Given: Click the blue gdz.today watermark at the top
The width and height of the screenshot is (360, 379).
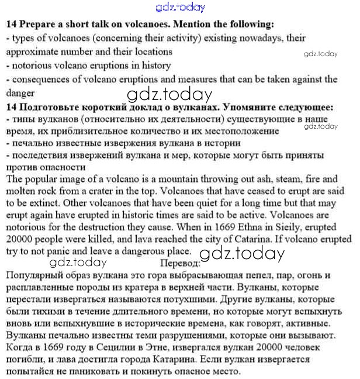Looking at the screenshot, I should pos(181,8).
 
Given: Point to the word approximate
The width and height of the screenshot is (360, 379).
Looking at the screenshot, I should pos(30,51).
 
